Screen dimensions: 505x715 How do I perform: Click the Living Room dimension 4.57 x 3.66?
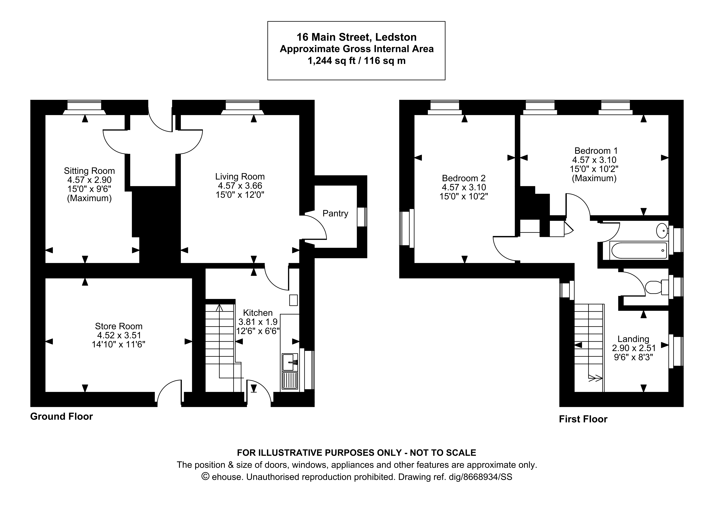pyautogui.click(x=240, y=186)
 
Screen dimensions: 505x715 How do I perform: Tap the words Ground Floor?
pyautogui.click(x=61, y=417)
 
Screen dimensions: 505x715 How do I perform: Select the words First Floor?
pyautogui.click(x=583, y=419)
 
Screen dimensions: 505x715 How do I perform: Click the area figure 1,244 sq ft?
pyautogui.click(x=331, y=61)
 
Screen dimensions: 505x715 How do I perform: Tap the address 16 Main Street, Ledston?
pyautogui.click(x=356, y=37)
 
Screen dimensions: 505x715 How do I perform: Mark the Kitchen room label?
pyautogui.click(x=258, y=313)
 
